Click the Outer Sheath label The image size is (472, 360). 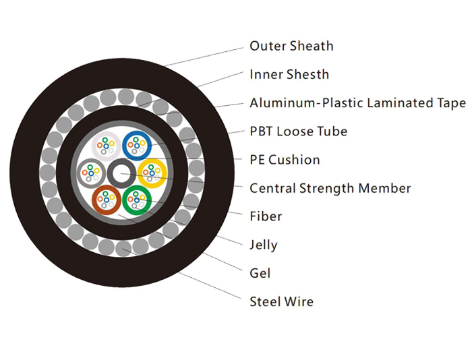pos(291,46)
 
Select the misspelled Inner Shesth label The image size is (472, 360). pos(289,74)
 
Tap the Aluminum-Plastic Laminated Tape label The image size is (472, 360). pos(358,103)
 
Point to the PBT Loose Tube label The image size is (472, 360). pos(298,131)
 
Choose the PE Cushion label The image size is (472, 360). pos(285,160)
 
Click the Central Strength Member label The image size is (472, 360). pos(330,189)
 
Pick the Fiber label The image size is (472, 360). pos(266,216)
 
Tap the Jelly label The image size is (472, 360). pos(264,245)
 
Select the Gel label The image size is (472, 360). pos(260,273)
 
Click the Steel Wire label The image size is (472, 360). pos(281,301)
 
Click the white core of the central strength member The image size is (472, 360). pos(121,174)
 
